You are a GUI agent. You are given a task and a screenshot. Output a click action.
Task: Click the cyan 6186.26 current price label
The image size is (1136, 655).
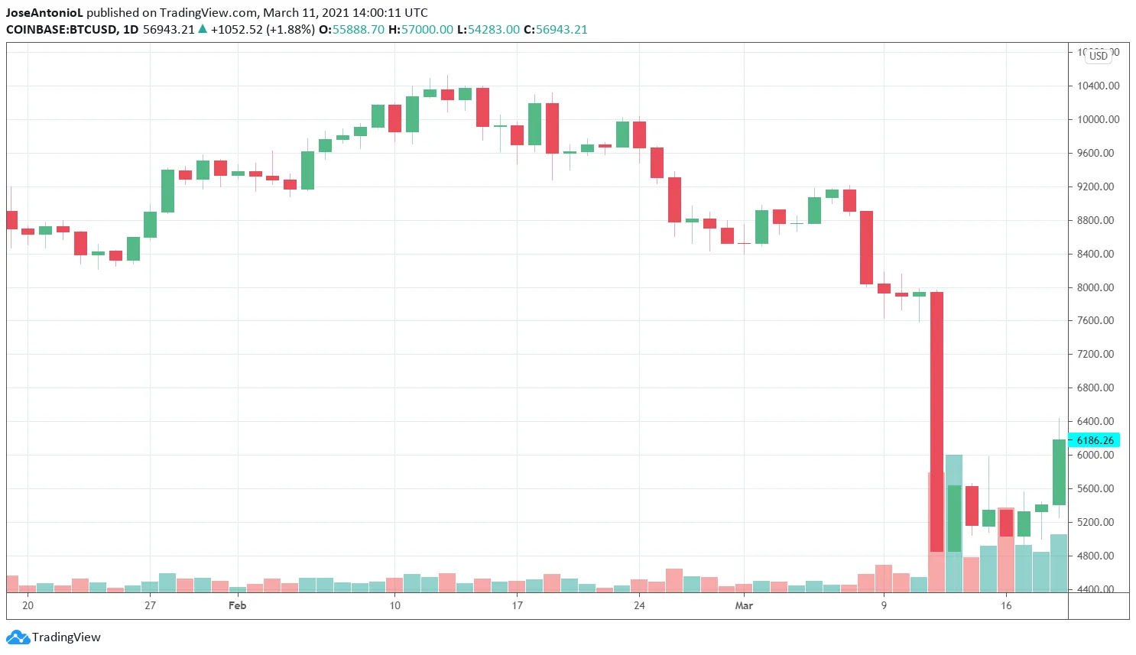[1094, 440]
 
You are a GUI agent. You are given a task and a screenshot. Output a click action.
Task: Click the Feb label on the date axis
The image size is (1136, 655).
[238, 605]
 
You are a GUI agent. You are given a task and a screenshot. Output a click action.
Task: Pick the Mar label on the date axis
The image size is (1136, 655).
[744, 605]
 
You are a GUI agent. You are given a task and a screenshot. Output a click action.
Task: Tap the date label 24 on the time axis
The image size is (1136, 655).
[639, 605]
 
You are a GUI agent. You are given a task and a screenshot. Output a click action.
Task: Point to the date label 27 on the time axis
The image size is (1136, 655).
[150, 605]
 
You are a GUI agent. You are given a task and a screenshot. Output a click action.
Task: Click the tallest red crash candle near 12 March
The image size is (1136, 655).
[936, 420]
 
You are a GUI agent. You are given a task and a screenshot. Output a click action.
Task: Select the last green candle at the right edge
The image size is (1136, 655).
[1059, 472]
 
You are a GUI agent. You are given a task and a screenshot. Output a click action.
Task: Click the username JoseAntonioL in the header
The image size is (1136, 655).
[44, 13]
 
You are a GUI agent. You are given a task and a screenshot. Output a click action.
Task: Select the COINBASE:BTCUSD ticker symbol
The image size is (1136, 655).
[61, 30]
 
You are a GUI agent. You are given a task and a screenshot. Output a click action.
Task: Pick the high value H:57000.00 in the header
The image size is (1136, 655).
[420, 30]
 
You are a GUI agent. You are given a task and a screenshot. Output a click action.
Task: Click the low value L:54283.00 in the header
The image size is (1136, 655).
[488, 30]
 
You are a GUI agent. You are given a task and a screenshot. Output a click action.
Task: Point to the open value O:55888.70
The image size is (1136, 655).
[352, 30]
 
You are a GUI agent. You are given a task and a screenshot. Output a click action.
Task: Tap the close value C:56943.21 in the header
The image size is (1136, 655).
[555, 30]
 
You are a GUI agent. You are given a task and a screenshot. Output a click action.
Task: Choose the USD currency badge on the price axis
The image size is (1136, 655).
[1098, 56]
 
